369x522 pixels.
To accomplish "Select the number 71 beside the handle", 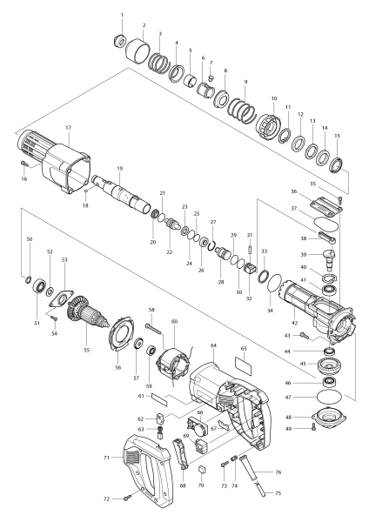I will pos(106,456).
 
